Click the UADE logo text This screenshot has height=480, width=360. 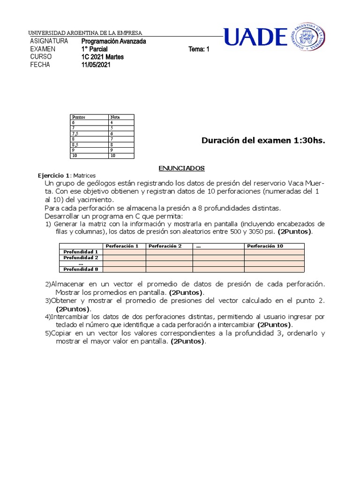[255, 37]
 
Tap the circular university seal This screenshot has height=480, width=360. [307, 37]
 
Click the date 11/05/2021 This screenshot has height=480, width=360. [96, 65]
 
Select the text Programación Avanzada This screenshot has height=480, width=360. [113, 41]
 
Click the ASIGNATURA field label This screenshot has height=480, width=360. [49, 41]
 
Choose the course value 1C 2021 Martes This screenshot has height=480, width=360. [103, 57]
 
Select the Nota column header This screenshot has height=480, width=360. [115, 117]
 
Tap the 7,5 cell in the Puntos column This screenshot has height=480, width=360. [75, 134]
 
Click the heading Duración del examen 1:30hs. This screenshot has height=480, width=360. [263, 140]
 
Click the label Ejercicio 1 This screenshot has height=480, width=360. [54, 175]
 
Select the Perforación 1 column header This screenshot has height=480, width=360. [122, 246]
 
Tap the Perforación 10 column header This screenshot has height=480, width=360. [265, 246]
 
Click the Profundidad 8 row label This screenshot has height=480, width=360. [81, 269]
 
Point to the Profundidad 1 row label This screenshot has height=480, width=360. [81, 252]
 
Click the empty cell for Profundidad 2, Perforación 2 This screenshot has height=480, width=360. [169, 258]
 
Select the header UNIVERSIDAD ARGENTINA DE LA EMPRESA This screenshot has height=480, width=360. [85, 33]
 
